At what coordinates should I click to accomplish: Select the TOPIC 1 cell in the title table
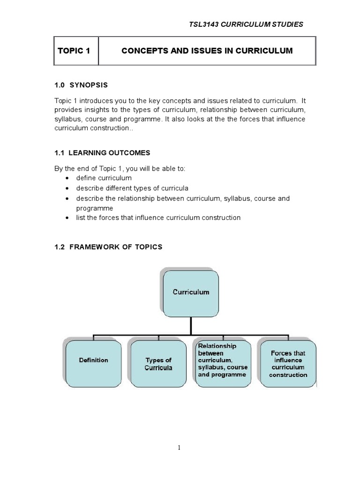point(74,51)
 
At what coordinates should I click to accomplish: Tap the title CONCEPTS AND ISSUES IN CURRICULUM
point(207,51)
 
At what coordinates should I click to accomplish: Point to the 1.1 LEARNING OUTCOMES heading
point(103,153)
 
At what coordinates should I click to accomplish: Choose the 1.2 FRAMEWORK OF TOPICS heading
point(108,247)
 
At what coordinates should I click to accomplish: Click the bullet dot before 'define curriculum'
point(68,179)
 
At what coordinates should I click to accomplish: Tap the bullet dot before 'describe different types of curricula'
point(68,188)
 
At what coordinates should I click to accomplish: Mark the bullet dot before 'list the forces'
point(68,218)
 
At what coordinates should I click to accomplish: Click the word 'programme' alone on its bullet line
point(94,208)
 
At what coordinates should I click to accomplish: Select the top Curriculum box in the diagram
point(191,292)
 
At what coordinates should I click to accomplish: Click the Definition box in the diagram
point(94,360)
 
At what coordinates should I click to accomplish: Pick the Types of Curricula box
point(158,364)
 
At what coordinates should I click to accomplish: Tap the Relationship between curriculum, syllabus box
point(223,360)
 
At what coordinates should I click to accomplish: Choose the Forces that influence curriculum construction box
point(288,364)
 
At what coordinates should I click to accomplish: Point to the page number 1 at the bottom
point(179,448)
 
